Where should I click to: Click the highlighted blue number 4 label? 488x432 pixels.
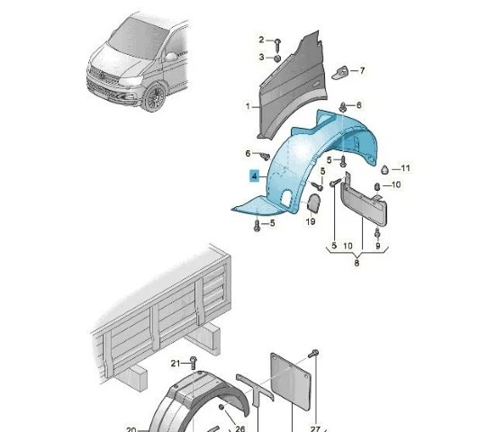[255, 176]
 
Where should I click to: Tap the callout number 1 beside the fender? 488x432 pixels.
[248, 106]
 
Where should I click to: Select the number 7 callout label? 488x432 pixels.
[362, 70]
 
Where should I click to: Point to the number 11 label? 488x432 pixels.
[405, 168]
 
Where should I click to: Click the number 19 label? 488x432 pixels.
[311, 221]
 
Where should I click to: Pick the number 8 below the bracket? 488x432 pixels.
[357, 263]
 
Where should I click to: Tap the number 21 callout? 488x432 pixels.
[176, 363]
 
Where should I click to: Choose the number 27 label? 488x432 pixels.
[315, 428]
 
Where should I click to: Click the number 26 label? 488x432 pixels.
[240, 428]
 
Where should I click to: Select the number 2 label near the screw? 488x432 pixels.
[261, 40]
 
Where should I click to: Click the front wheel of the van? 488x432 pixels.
[154, 98]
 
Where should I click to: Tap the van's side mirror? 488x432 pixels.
[171, 57]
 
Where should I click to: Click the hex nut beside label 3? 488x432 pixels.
[277, 58]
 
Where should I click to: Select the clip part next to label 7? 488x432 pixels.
[340, 73]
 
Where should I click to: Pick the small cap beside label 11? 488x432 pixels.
[385, 169]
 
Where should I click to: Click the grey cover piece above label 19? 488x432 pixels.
[313, 202]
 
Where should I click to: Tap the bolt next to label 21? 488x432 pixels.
[194, 363]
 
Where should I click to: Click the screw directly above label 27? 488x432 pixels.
[313, 354]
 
